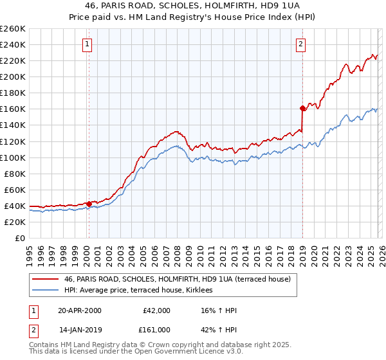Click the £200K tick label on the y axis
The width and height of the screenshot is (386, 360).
coord(13,76)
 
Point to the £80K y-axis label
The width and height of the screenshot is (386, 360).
coord(15,174)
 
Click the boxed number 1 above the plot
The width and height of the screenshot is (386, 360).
coord(87,44)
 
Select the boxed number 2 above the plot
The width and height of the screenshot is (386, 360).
coord(300,44)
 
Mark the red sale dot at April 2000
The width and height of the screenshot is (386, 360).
coord(89,204)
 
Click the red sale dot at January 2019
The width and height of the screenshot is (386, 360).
coord(302,108)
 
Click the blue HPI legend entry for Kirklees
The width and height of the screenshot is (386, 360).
coord(142,290)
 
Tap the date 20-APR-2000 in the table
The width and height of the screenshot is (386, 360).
coord(79,310)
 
